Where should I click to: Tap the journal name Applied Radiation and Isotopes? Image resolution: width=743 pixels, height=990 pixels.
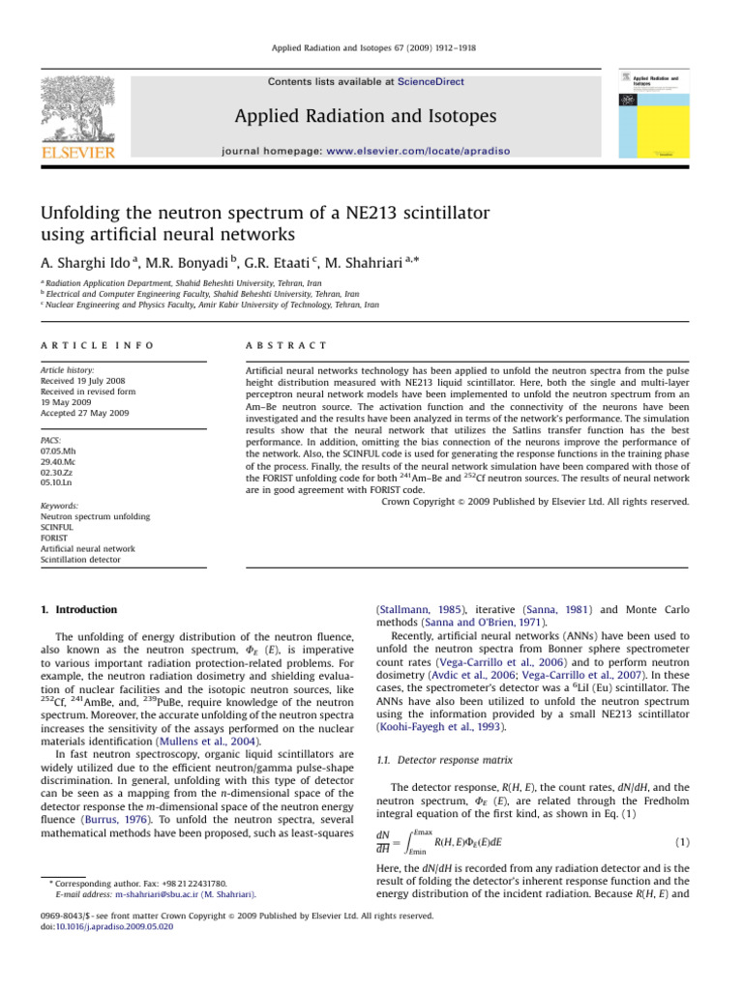pyautogui.click(x=371, y=117)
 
